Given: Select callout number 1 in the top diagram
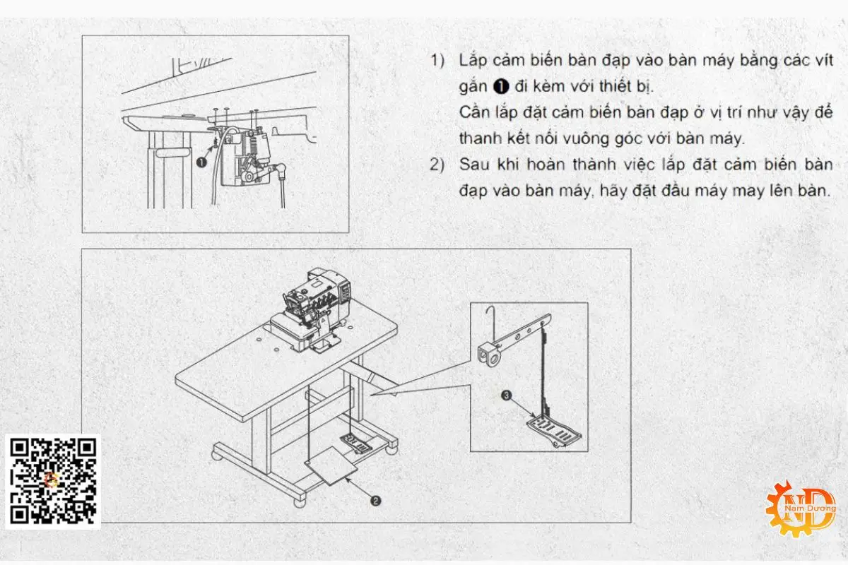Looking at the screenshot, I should (x=201, y=162).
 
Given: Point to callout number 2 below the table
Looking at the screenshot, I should (x=376, y=500).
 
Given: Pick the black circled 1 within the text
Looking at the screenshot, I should (x=500, y=87).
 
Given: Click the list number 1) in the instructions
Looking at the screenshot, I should (x=438, y=60).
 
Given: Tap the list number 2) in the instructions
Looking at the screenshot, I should (x=438, y=165).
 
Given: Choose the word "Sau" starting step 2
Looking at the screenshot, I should (x=473, y=165).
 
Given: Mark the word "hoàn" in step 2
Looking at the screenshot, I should (x=552, y=165).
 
